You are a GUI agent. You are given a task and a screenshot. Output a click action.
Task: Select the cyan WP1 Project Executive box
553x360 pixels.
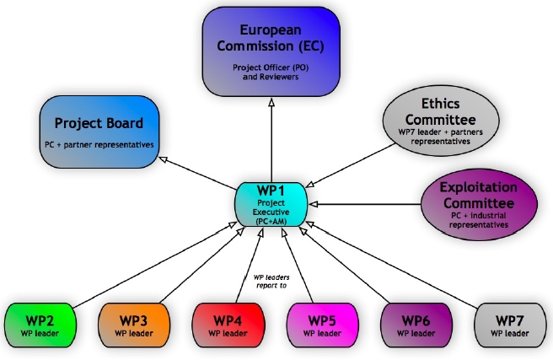coord(271,203)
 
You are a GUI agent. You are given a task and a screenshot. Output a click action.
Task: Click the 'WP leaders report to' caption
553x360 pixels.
coord(271,281)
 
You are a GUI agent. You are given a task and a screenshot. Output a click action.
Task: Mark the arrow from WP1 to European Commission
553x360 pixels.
coord(271,139)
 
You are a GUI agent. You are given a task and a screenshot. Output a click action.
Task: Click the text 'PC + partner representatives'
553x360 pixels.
coord(99,144)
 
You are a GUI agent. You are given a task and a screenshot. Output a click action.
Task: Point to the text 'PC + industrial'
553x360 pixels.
coord(479,216)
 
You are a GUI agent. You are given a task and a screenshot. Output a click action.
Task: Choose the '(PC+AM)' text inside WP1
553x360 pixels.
coord(271,222)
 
